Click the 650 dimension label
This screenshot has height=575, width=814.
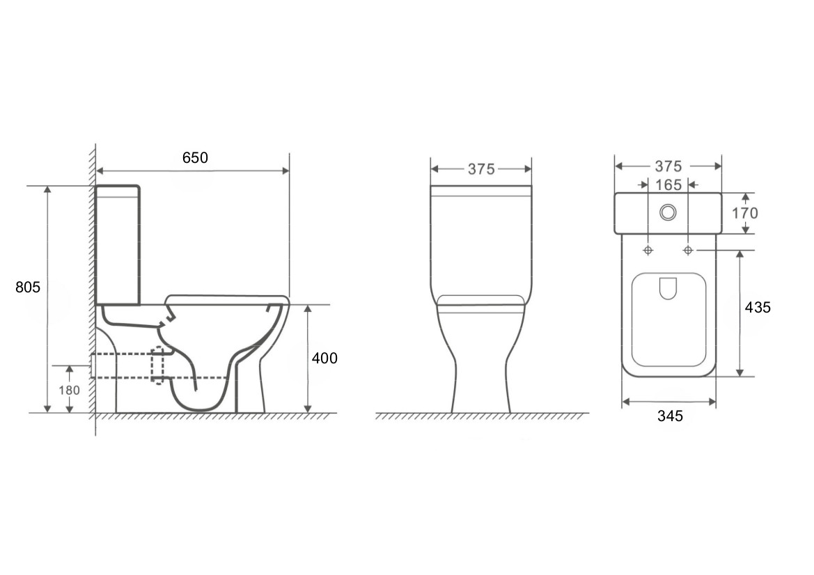tap(195, 157)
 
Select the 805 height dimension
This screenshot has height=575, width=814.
tap(28, 287)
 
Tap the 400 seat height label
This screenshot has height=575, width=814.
tap(324, 358)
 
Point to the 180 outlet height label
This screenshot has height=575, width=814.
tap(70, 390)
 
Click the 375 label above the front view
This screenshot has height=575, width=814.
tap(481, 169)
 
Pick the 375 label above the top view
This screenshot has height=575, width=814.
tap(668, 166)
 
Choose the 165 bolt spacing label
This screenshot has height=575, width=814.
tap(668, 184)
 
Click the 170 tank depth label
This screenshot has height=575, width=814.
tap(745, 213)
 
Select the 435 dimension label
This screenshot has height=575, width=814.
tap(758, 307)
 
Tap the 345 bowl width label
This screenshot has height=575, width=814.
tap(670, 416)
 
